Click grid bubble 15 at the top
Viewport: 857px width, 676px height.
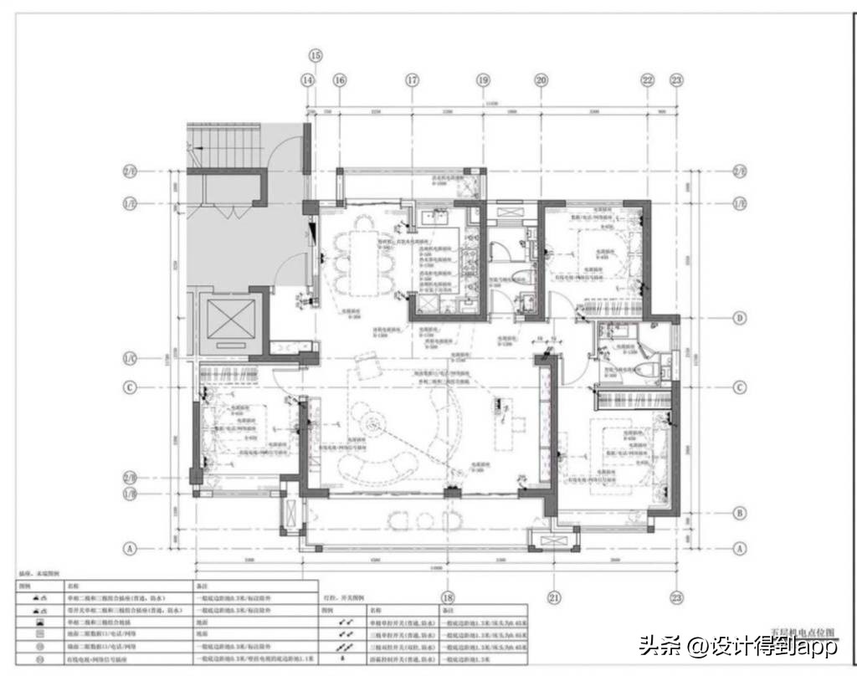tap(315, 56)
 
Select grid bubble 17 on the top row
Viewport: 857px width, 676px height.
tap(412, 80)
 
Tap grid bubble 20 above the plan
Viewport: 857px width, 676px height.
tap(541, 80)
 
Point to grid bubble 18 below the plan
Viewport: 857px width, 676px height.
tap(448, 597)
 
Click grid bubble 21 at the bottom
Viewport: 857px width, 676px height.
tap(553, 597)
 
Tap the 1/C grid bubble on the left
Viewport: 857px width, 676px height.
tap(130, 356)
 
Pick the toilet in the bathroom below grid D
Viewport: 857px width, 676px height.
tap(665, 366)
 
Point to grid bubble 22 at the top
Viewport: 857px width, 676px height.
tap(647, 80)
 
